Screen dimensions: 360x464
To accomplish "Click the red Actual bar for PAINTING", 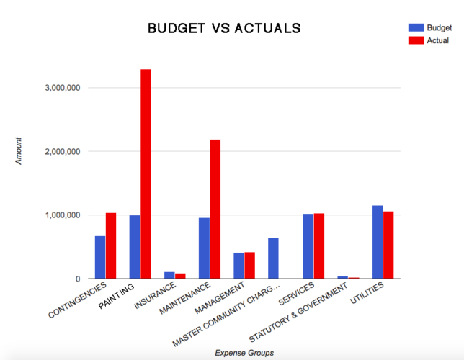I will [x=146, y=174].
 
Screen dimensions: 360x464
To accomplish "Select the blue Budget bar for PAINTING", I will [x=135, y=247].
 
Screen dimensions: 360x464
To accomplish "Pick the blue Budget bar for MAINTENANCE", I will [x=204, y=248].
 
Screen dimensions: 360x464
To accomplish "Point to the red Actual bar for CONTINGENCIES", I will [x=111, y=246].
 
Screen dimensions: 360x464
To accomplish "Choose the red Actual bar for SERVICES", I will [x=319, y=246].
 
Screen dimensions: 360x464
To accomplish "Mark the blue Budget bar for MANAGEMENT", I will [x=238, y=266].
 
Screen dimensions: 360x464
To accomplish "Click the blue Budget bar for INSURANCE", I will [x=169, y=275].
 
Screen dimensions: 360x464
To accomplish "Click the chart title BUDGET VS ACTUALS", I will [x=224, y=29].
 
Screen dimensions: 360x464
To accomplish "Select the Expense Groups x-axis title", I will [x=244, y=352].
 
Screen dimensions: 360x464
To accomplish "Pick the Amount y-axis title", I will [x=19, y=151].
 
